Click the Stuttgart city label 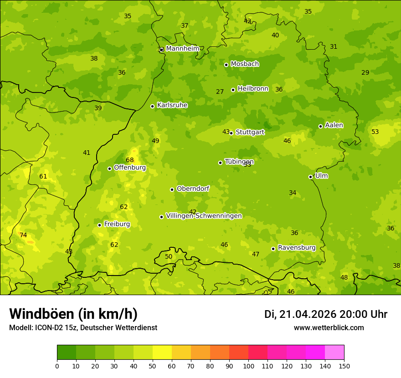coord(250,132)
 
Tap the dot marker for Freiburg coord(99,225)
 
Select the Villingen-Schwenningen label coord(204,216)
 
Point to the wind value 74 coord(23,235)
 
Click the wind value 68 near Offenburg coord(130,160)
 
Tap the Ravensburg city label coord(297,248)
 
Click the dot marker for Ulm coord(311,177)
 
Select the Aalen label coord(334,125)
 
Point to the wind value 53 coord(375,132)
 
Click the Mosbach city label coord(245,64)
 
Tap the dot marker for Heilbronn coord(233,90)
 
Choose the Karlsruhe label coord(172,105)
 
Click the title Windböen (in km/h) coord(73,314)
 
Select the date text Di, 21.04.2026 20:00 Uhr coord(326,314)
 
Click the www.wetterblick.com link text coord(329,328)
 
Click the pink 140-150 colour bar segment coord(334,352)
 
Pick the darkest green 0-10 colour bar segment coord(67,352)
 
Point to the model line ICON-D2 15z coord(83,328)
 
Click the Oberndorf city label coord(193,189)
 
